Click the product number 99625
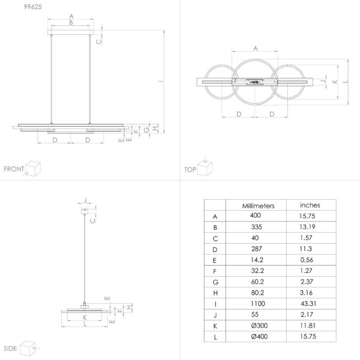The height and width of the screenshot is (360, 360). point(33,7)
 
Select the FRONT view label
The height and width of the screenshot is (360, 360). point(14,169)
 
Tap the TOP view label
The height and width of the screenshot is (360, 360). point(190,170)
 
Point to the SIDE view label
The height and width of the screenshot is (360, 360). point(10,349)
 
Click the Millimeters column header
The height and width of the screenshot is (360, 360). point(258,206)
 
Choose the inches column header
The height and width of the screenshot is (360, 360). point(310,205)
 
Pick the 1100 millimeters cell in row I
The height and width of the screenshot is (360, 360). point(258,304)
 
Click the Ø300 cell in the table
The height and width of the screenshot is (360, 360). point(259,326)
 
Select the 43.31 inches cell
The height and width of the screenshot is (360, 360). point(308,304)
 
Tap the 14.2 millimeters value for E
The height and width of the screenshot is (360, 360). point(257,260)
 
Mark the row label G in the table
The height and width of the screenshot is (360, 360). point(215,282)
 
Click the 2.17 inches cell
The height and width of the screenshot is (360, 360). point(307,314)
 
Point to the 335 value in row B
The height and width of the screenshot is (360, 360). point(256,227)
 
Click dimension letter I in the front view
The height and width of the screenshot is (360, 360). point(161,81)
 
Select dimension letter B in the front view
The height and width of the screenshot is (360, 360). point(71,23)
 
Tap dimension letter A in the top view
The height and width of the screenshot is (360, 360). point(256,49)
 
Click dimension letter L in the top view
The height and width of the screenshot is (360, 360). point(346,82)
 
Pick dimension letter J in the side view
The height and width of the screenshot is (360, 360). point(85,200)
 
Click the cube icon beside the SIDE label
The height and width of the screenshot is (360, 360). point(28,348)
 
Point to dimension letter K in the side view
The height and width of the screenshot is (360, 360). point(85,317)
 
